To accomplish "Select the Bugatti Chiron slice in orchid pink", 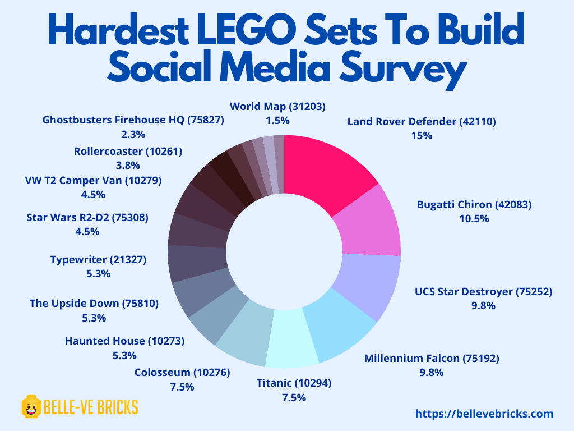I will (372, 222).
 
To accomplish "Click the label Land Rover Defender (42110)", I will (422, 121).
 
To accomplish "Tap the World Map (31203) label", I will (278, 106).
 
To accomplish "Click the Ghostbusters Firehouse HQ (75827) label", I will (133, 120).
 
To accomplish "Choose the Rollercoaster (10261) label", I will (128, 151).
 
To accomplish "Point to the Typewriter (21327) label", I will (98, 259).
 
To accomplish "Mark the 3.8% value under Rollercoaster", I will (128, 166).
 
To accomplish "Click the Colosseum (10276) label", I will (182, 373).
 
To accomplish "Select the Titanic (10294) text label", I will (294, 383).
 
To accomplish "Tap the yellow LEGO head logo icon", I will (31, 406).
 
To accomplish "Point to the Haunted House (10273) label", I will (124, 341).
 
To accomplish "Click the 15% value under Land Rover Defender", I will (421, 136).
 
